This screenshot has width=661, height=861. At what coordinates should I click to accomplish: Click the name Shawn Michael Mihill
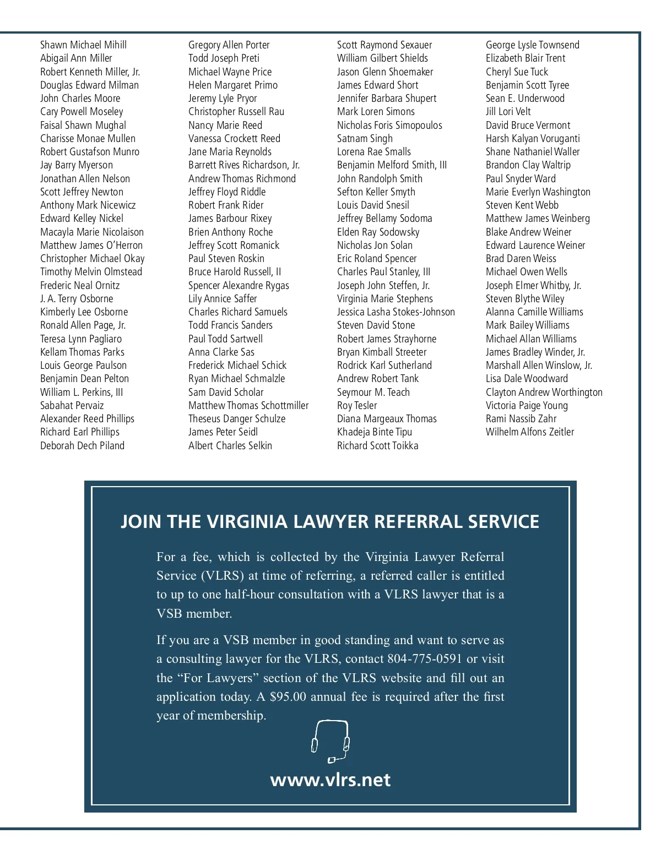pos(83,45)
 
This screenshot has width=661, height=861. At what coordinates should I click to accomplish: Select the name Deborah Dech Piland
pos(82,446)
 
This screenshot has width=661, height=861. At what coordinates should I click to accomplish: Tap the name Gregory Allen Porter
pos(229,45)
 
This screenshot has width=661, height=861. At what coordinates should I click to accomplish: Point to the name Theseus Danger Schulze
pos(237,419)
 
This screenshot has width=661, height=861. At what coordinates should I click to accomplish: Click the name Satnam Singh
pos(365,139)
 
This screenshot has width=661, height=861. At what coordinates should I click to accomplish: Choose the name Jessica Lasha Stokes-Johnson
pos(396,312)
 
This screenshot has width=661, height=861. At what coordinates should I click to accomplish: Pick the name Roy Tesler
pos(357,406)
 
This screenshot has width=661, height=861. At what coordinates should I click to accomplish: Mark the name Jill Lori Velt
pos(508,112)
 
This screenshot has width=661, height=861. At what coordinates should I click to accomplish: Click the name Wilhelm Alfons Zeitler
pos(530,432)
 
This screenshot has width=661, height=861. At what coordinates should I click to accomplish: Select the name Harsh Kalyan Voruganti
pos(533,139)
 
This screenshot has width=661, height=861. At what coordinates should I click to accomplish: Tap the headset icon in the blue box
pos(330,742)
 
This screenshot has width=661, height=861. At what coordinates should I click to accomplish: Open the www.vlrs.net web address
pos(330,780)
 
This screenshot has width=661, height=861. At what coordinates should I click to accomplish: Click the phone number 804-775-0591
pos(425,659)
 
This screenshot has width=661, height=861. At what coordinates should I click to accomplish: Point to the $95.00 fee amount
pos(288,697)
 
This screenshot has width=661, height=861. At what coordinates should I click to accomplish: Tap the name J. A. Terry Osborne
pos(77,299)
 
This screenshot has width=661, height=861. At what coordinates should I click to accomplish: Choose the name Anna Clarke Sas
pos(221,352)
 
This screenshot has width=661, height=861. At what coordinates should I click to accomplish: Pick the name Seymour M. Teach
pos(373,393)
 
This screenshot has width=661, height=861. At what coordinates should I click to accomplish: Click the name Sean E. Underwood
pos(525,99)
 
